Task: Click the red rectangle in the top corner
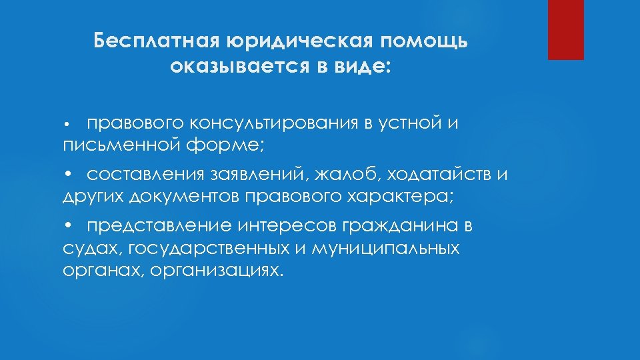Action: coord(565,30)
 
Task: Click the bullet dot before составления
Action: coord(67,175)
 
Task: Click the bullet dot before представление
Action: coord(67,227)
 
